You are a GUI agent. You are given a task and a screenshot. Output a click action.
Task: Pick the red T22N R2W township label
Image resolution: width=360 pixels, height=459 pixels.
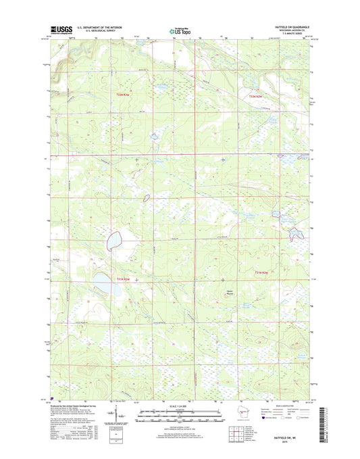256,98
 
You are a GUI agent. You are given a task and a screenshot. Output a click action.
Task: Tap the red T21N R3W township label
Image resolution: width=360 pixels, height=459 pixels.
122,280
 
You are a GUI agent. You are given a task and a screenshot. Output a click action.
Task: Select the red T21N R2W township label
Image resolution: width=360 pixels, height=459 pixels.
262,272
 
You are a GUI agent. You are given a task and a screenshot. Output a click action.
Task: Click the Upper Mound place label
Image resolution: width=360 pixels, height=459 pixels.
231,293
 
